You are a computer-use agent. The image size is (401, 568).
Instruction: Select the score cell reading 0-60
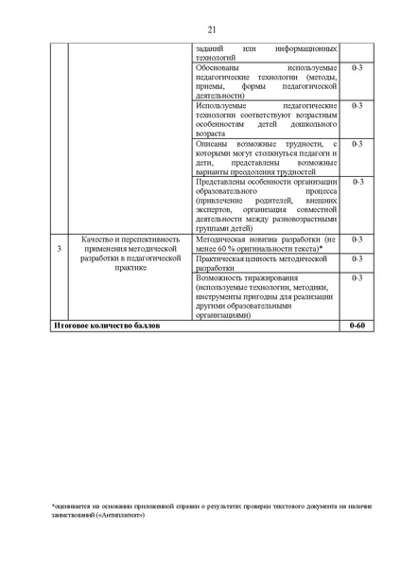[357, 326]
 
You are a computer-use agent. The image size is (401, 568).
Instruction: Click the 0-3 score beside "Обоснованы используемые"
[357, 68]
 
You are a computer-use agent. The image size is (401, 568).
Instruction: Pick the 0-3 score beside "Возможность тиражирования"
[357, 279]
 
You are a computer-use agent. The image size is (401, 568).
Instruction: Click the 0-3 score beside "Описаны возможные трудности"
[357, 144]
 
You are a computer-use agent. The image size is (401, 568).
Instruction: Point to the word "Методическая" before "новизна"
[221, 240]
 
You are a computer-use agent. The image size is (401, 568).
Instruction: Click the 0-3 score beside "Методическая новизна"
[357, 240]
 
